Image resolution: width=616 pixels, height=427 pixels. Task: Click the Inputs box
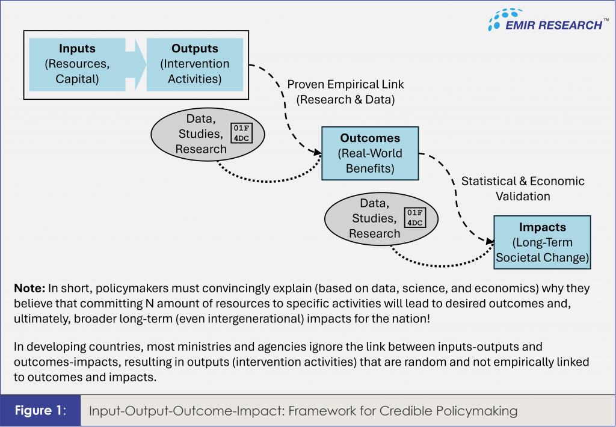(x=77, y=64)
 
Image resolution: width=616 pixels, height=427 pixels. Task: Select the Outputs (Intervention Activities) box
(x=195, y=64)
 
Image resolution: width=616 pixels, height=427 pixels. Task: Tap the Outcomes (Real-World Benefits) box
(x=370, y=153)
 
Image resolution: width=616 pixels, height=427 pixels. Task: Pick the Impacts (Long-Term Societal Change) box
(x=542, y=242)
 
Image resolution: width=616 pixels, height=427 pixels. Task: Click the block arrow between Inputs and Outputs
(x=136, y=64)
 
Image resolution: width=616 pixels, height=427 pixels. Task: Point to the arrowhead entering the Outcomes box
(x=318, y=152)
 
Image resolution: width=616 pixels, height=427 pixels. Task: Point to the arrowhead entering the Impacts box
(x=490, y=241)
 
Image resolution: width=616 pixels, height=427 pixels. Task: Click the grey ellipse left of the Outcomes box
(x=208, y=134)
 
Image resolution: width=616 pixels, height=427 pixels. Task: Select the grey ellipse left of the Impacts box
(x=381, y=219)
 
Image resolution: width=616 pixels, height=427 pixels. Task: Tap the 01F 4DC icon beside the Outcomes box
(x=241, y=133)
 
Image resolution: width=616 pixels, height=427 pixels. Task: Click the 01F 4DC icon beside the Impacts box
(x=415, y=218)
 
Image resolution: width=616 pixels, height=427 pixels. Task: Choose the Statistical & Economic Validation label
(x=523, y=189)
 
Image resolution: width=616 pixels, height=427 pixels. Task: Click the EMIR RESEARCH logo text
(x=553, y=25)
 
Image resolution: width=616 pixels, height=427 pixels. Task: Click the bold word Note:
(x=29, y=288)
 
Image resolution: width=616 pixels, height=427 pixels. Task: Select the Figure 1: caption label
(x=40, y=411)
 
